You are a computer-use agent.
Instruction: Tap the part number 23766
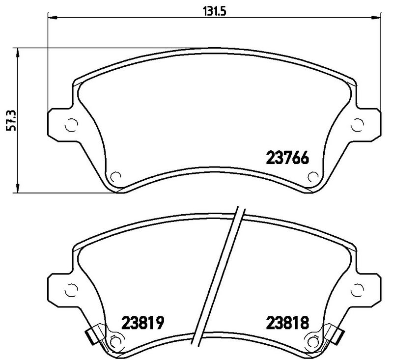pyautogui.click(x=287, y=159)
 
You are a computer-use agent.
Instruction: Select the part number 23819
pyautogui.click(x=142, y=323)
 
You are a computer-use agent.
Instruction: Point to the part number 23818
pyautogui.click(x=287, y=323)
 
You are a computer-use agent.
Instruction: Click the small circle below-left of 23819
pyautogui.click(x=116, y=340)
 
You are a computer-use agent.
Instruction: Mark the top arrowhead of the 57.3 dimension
pyautogui.click(x=18, y=52)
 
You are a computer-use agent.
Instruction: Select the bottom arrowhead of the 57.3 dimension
pyautogui.click(x=18, y=189)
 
